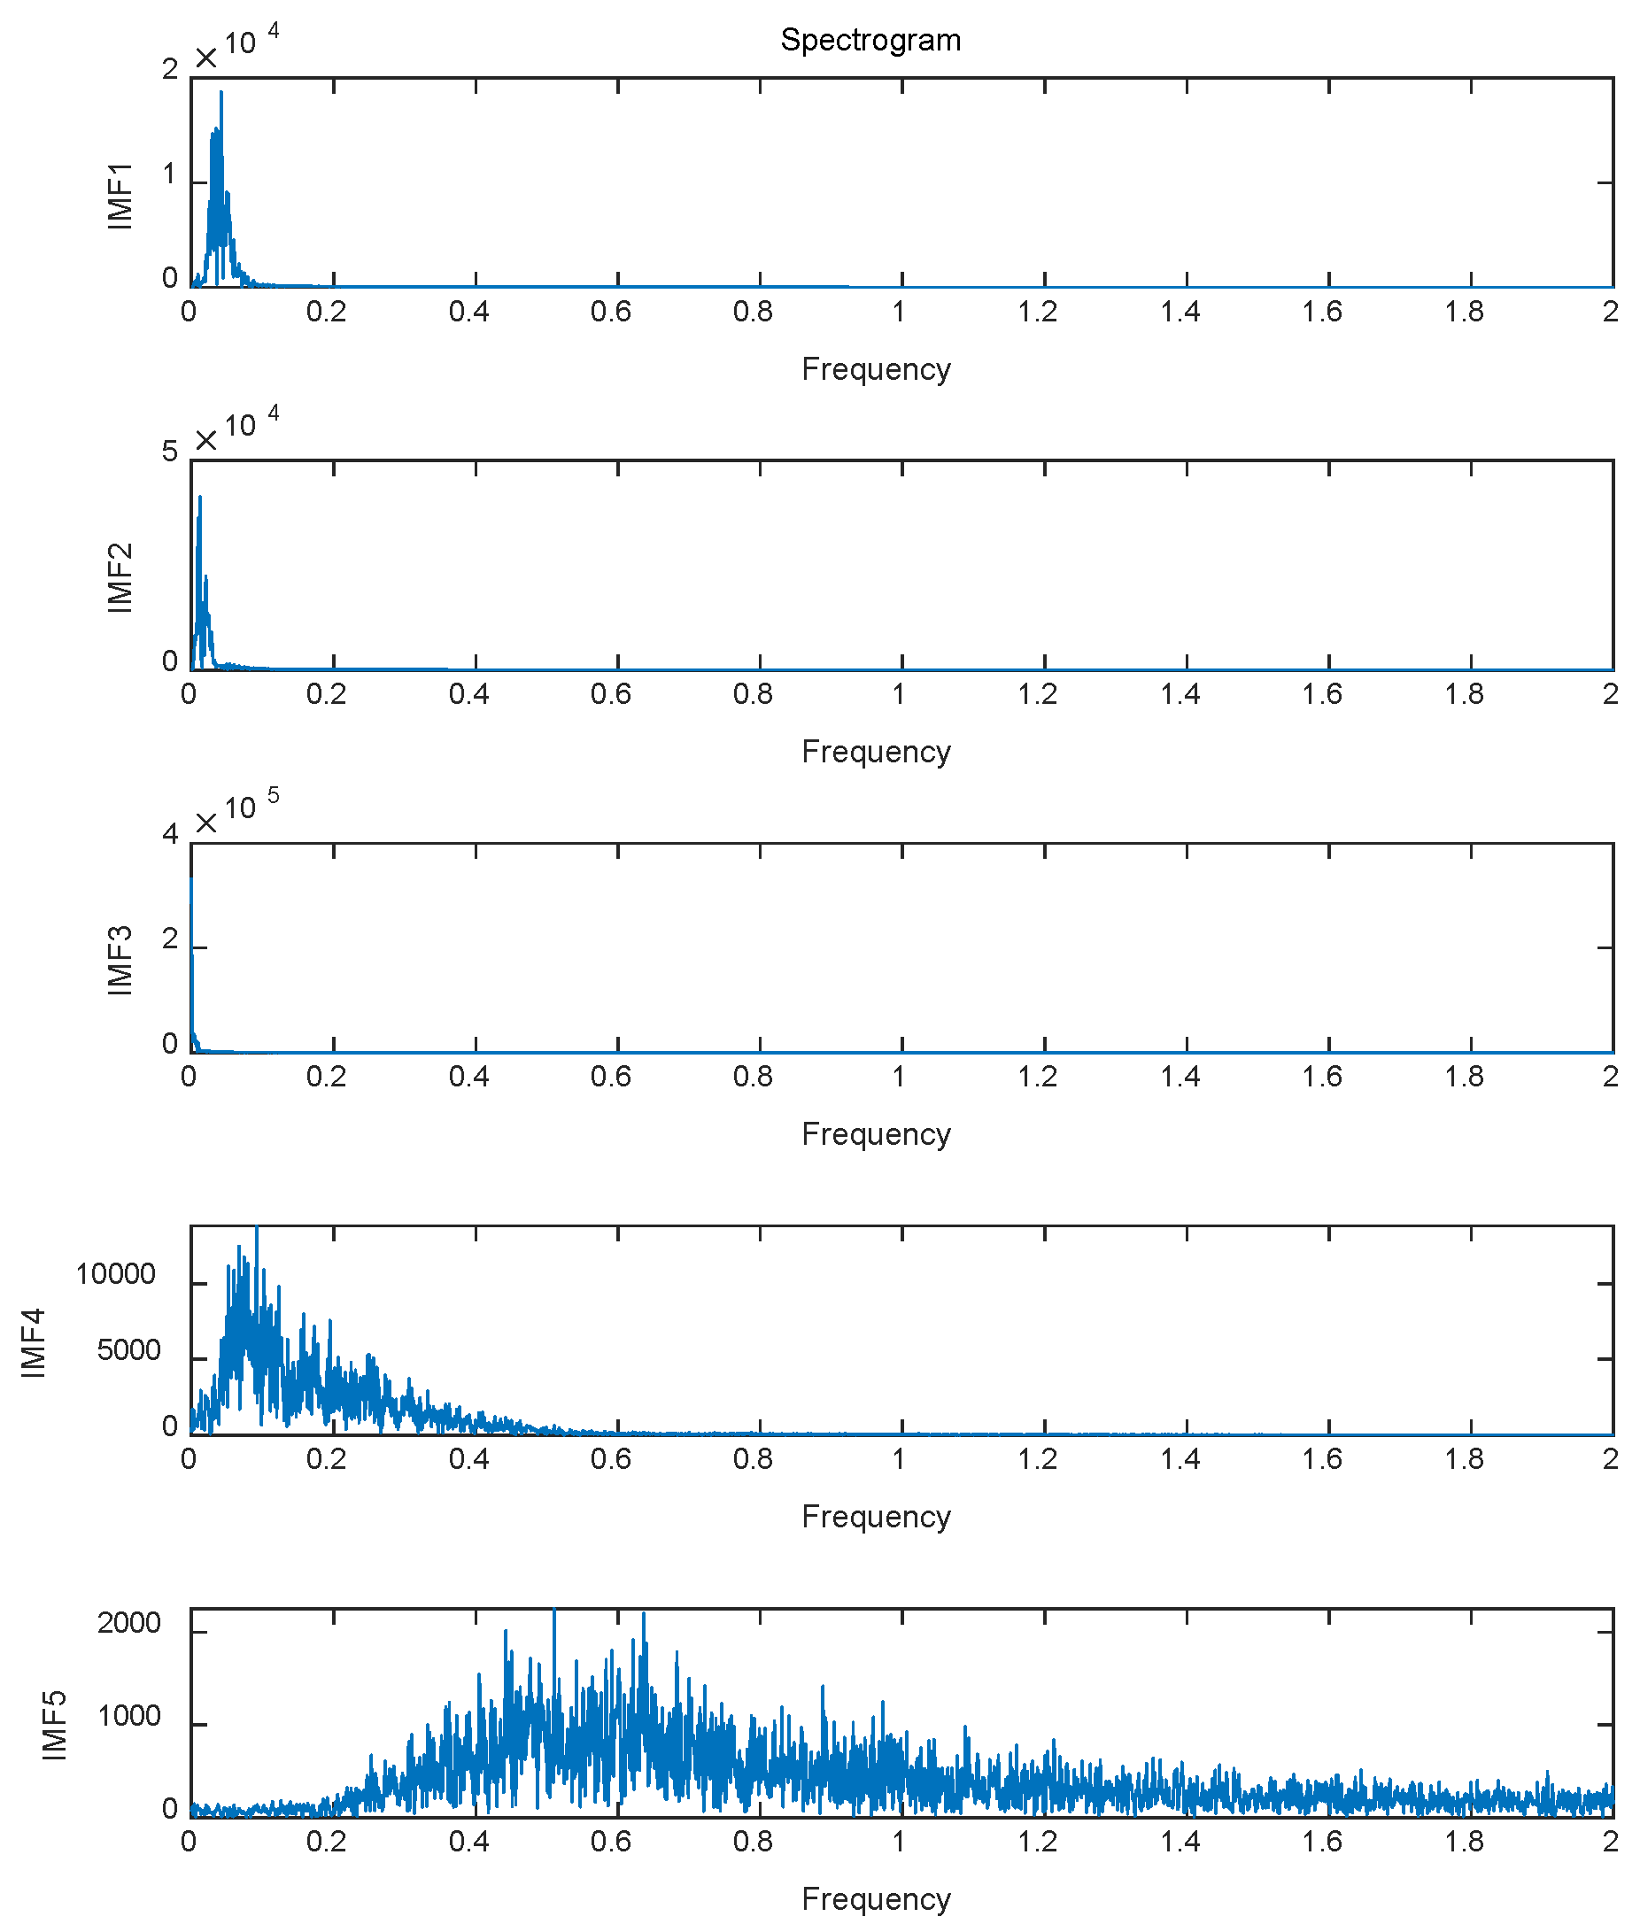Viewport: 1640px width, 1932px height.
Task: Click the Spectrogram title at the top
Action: [x=870, y=40]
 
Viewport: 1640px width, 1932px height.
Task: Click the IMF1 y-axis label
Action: [x=120, y=197]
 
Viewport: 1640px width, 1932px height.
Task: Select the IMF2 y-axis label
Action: [x=120, y=577]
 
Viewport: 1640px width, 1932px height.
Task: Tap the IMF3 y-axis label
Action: [x=120, y=961]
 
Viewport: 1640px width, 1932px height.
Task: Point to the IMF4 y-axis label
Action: [x=35, y=1342]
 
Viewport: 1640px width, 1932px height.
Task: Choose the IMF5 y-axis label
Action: [x=56, y=1726]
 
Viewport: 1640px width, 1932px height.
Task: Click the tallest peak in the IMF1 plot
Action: [x=221, y=93]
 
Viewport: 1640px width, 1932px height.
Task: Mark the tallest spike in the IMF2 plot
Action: [x=200, y=498]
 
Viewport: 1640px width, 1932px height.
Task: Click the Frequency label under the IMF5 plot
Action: [x=876, y=1898]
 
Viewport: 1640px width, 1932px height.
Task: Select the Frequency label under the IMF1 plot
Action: [x=876, y=369]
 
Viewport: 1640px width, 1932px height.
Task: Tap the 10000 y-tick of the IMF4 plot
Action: [x=115, y=1275]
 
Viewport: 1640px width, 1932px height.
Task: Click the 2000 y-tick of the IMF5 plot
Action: [x=129, y=1623]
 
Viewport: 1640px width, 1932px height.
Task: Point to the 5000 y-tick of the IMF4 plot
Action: [x=129, y=1350]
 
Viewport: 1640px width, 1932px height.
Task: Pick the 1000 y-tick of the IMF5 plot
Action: [x=129, y=1716]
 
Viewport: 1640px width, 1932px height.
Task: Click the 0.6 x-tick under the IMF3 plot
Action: [x=611, y=1077]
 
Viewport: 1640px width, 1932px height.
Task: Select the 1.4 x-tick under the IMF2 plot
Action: [x=1180, y=693]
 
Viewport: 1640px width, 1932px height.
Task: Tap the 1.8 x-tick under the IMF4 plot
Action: [x=1465, y=1459]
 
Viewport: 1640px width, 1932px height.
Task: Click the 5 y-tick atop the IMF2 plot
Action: [x=169, y=452]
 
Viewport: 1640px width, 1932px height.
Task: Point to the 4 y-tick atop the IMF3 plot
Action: [x=169, y=834]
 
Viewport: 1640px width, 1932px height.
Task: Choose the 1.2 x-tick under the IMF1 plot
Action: [x=1038, y=312]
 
